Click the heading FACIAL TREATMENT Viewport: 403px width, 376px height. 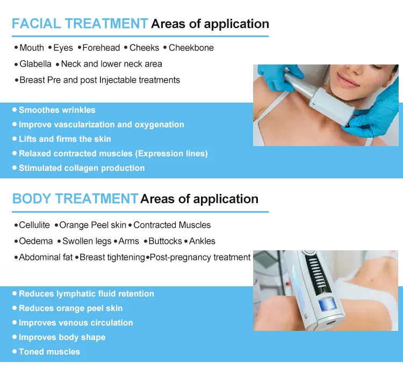click(80, 24)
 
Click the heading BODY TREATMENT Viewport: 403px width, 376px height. click(75, 199)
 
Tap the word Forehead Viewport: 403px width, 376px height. click(101, 48)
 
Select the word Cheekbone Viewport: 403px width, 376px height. click(191, 48)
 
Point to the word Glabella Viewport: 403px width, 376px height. click(35, 64)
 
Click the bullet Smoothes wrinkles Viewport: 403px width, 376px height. click(57, 110)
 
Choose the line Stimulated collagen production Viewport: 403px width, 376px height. click(82, 168)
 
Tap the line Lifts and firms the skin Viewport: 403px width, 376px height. click(64, 139)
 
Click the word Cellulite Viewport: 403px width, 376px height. click(34, 225)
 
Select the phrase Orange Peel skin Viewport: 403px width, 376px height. click(93, 225)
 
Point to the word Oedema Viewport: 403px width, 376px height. click(36, 241)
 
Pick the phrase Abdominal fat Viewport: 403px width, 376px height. click(46, 257)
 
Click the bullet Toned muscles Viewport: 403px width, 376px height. click(49, 352)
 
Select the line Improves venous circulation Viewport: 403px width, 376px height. click(76, 323)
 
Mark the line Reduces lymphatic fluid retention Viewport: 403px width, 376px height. click(87, 294)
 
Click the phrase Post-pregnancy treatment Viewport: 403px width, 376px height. click(200, 257)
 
